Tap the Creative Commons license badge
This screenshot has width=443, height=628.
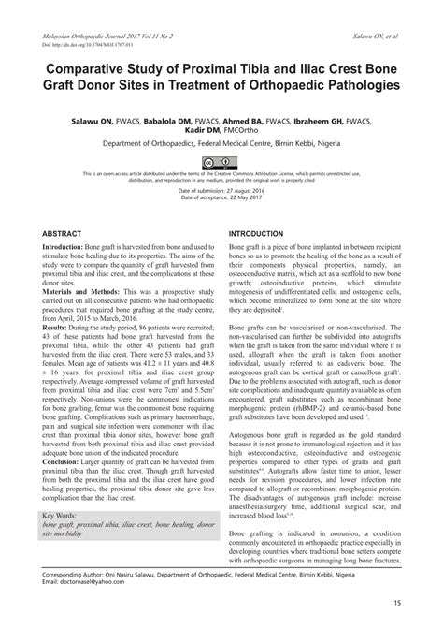(221, 161)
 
